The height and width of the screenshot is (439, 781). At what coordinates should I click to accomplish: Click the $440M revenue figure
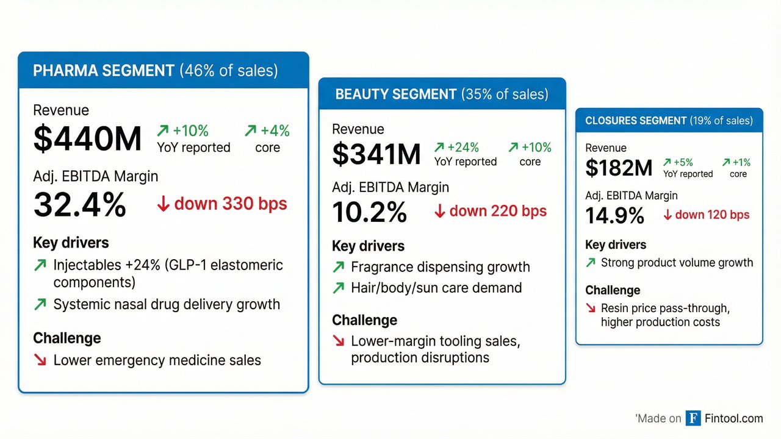tap(87, 139)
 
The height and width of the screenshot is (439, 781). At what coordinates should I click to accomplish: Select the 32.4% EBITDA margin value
tap(79, 205)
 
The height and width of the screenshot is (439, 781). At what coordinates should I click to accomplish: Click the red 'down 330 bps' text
tap(230, 204)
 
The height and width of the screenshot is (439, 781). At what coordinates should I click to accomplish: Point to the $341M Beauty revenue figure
tap(376, 154)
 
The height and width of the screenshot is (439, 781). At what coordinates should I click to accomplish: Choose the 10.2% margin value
tap(369, 213)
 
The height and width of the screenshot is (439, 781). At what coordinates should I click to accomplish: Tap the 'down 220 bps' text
tap(497, 212)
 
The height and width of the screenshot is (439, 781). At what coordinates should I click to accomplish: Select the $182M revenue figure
tap(619, 168)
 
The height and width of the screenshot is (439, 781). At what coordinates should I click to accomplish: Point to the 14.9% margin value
tap(614, 215)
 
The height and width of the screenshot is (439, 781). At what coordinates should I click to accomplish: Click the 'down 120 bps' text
tap(711, 215)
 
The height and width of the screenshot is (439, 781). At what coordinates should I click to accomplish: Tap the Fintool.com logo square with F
tap(693, 418)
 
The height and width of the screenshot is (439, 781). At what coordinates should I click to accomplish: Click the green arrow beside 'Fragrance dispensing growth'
tap(338, 267)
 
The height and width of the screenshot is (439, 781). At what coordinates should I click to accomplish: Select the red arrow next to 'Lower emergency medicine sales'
tap(40, 360)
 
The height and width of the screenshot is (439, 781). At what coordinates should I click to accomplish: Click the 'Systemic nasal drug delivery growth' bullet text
tap(167, 304)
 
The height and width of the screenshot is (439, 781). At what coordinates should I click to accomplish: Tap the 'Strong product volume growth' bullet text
tap(677, 263)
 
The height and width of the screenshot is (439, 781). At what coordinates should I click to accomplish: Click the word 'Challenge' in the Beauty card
tap(364, 320)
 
